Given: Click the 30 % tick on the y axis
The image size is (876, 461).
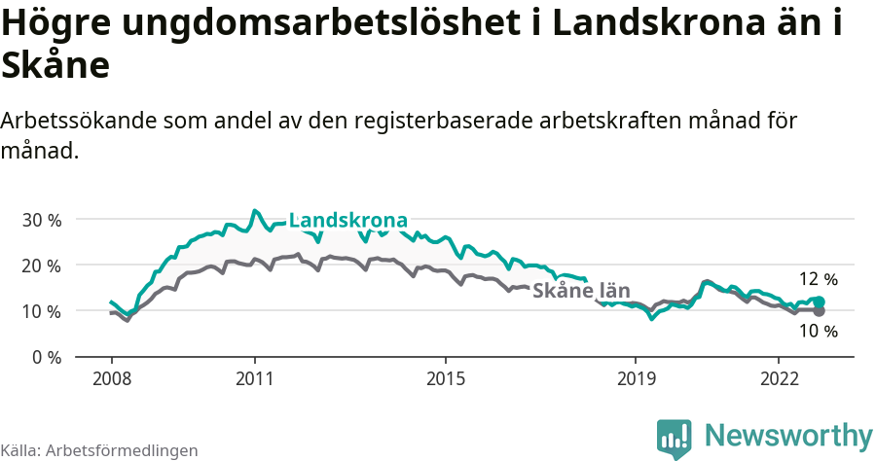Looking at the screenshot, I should click(41, 220).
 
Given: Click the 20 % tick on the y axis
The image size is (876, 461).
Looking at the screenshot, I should click(41, 266).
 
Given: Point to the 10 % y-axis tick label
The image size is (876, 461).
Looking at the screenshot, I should click(41, 311).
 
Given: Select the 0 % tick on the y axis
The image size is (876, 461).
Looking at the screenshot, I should click(45, 357).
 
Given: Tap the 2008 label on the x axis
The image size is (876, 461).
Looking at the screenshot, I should click(111, 377).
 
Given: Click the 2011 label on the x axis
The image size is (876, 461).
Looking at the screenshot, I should click(254, 377).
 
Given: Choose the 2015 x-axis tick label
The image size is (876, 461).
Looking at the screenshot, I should click(445, 377).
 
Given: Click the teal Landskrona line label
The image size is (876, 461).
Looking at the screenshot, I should click(347, 220).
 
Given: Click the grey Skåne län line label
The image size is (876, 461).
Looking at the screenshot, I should click(581, 291).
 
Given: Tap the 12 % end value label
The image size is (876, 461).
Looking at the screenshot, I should click(818, 279).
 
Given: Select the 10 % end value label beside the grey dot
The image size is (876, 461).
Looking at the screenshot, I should click(818, 332).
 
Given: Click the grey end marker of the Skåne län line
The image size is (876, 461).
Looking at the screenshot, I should click(819, 311).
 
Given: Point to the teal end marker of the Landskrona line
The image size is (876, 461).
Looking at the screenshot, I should click(819, 301).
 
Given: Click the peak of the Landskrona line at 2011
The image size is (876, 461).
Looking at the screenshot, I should click(254, 210).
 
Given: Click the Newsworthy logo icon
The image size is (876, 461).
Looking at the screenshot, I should click(675, 439).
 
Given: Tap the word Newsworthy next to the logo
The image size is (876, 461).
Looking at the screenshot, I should click(788, 435).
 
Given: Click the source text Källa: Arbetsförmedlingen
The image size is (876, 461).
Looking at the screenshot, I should click(99, 451).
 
